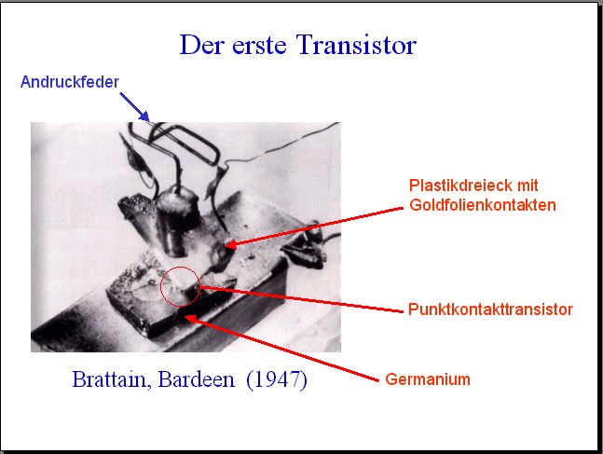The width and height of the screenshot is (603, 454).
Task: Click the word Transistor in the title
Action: [x=356, y=45]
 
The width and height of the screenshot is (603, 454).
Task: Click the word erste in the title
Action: [x=259, y=46]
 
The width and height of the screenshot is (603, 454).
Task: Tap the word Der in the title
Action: [x=202, y=45]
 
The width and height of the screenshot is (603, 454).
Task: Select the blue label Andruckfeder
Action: [x=70, y=82]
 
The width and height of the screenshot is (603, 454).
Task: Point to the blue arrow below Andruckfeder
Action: [x=134, y=106]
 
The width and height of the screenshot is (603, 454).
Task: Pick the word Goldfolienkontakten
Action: [x=483, y=205]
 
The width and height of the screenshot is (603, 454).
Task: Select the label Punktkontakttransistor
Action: [x=490, y=310]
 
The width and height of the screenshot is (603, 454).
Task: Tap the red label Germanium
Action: [x=428, y=379]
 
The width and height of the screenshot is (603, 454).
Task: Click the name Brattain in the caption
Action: [x=111, y=379]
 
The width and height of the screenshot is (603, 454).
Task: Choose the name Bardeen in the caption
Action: [x=196, y=379]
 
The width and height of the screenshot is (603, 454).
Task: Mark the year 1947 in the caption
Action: [x=277, y=379]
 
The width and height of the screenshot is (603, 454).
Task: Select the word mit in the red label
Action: [x=528, y=186]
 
